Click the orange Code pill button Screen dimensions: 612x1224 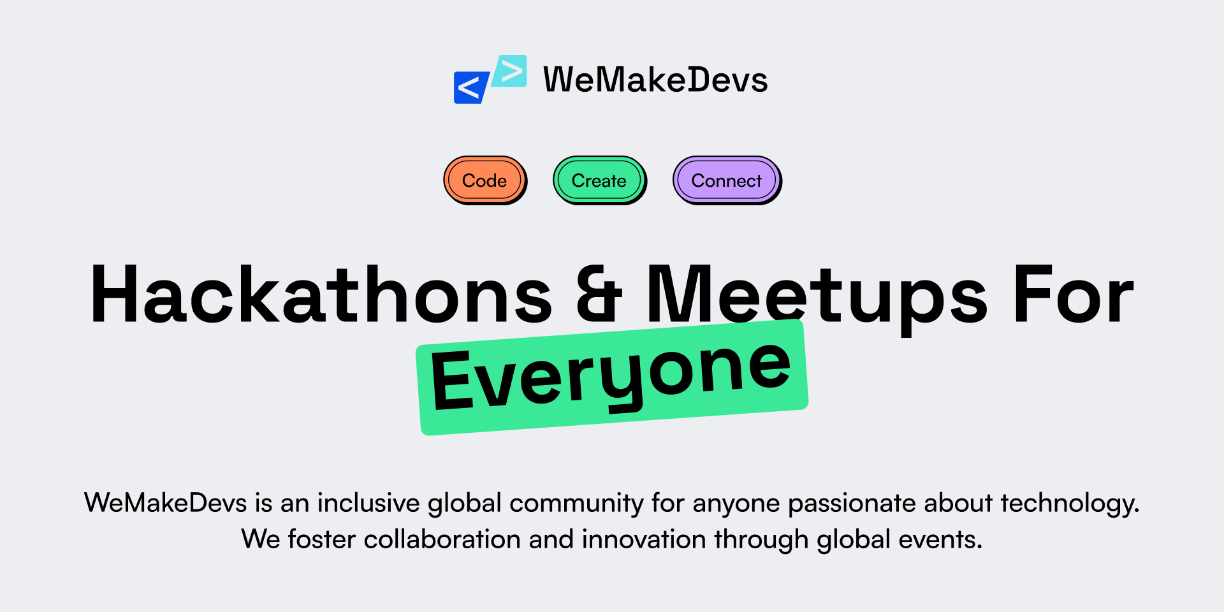[484, 180]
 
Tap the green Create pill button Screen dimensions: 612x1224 [599, 180]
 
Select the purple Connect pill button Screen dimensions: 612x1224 [726, 180]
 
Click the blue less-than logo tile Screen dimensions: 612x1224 [470, 88]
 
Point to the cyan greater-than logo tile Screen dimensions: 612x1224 [511, 71]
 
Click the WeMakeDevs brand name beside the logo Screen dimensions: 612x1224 [655, 80]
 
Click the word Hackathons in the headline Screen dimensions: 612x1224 [321, 295]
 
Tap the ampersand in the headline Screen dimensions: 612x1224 [599, 295]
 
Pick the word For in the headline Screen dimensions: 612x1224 [1074, 295]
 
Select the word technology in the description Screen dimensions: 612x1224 [1069, 503]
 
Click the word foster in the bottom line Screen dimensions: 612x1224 [321, 539]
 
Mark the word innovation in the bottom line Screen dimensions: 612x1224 [643, 539]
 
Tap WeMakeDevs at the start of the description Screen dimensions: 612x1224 [166, 503]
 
